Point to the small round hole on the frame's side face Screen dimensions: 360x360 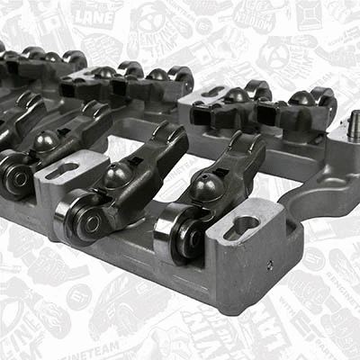[x=269, y=265]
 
